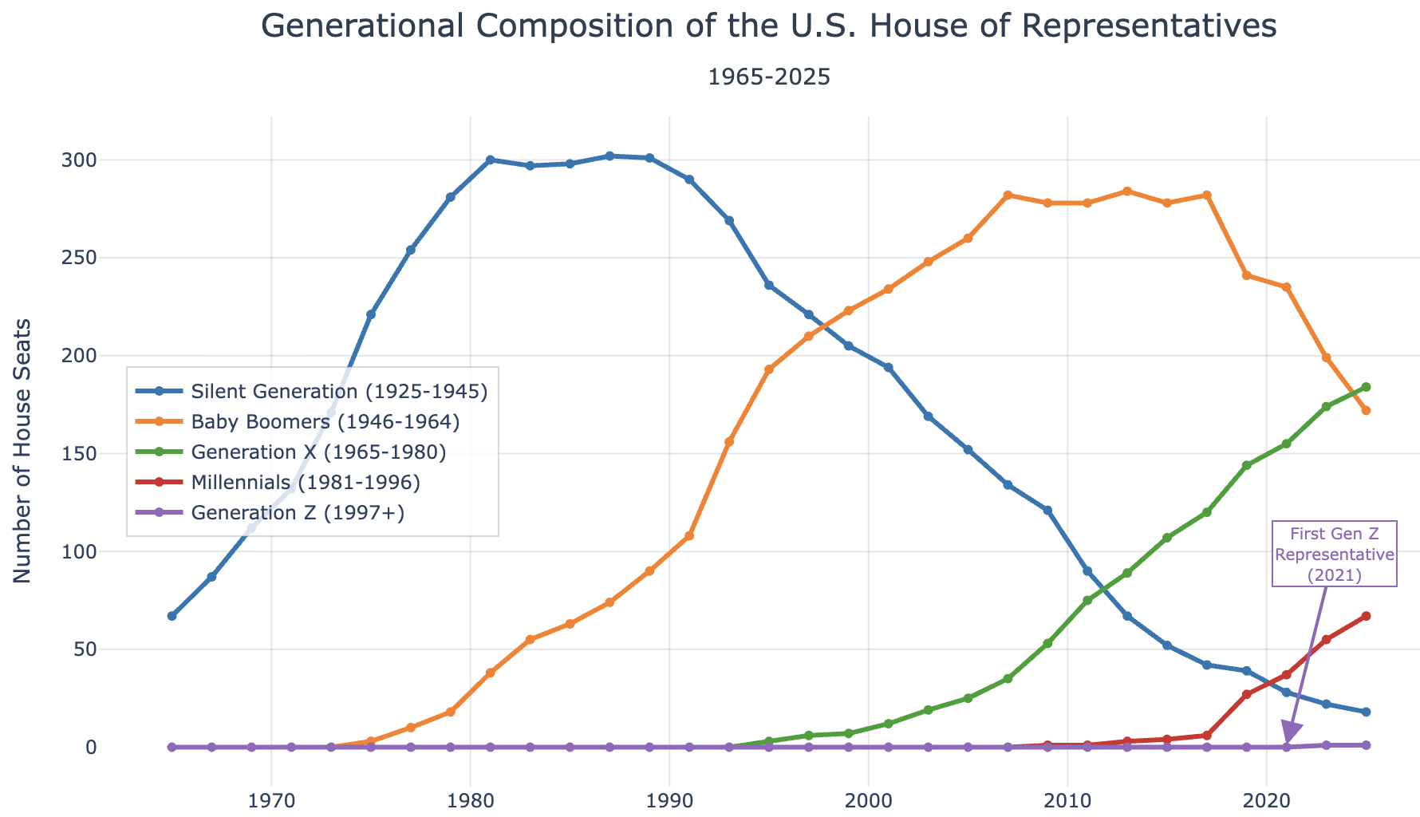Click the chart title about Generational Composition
pos(768,27)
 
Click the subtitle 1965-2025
pos(768,77)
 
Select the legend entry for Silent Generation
pos(339,392)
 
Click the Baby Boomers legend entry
pos(325,422)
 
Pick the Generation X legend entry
pos(318,452)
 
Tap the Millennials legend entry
pos(306,483)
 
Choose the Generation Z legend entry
pos(298,513)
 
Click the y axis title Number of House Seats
pos(23,451)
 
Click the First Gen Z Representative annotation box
pos(1334,555)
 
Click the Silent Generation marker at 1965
pos(172,616)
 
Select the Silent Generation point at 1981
pos(490,160)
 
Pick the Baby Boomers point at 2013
pos(1126,191)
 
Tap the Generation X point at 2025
pos(1366,387)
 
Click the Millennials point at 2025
pos(1366,616)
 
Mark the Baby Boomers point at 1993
pos(728,441)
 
